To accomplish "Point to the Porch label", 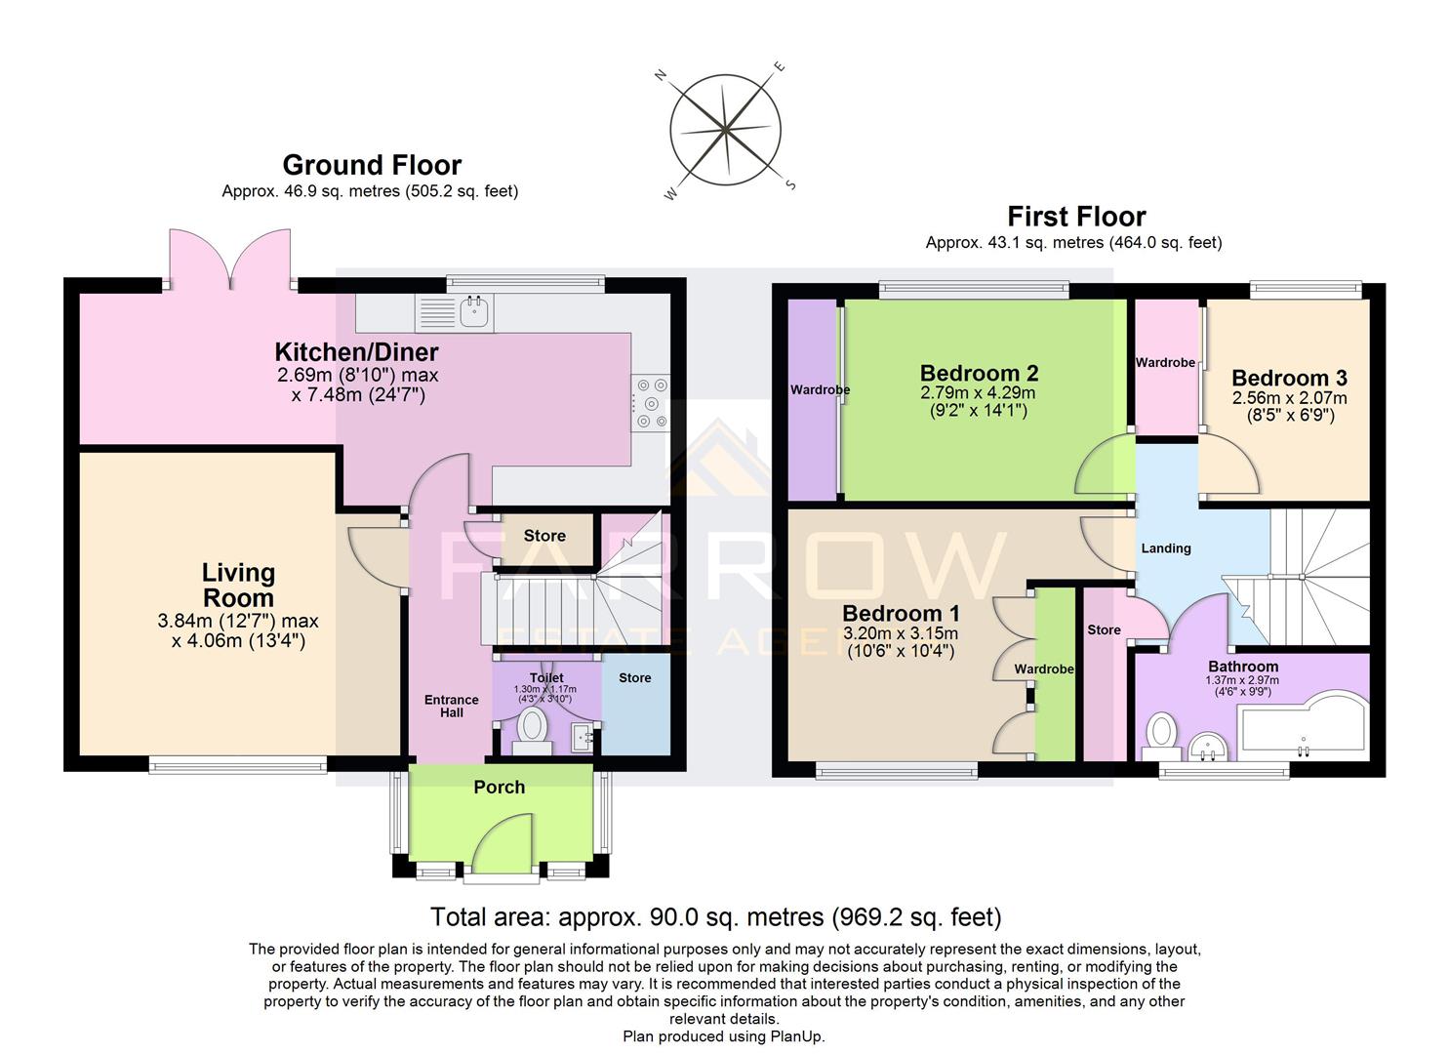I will (x=499, y=787).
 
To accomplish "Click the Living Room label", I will (x=238, y=585).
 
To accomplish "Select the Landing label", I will (x=1166, y=548).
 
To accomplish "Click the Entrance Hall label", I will (x=451, y=706).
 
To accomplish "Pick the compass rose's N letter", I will (x=661, y=76).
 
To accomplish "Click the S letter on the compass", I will (x=791, y=184).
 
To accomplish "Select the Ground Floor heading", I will (x=372, y=165).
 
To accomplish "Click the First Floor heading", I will (x=1076, y=216).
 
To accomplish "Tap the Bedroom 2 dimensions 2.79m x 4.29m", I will (x=979, y=392).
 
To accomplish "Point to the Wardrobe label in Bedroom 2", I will (x=820, y=389).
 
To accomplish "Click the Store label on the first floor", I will (x=1104, y=629).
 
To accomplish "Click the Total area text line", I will (x=715, y=916).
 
